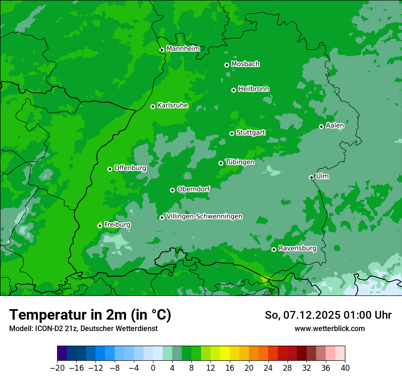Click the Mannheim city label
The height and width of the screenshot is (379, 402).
[183, 49]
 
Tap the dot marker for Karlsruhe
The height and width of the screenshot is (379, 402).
[153, 107]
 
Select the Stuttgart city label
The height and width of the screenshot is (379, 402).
[250, 133]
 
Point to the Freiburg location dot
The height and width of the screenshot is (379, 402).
[100, 226]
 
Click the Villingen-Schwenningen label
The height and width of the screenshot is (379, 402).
[204, 216]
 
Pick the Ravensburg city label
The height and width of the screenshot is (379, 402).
[297, 248]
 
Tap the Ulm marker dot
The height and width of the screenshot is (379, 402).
[312, 177]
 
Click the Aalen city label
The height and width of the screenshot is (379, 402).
[335, 126]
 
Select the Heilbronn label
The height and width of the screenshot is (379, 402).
[254, 89]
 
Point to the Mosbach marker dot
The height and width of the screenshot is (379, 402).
[227, 65]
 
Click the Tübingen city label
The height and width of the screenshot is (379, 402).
[240, 162]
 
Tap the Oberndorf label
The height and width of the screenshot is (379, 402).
[193, 189]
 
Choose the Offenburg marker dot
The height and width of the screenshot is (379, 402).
[110, 169]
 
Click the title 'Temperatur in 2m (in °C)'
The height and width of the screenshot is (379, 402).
[90, 315]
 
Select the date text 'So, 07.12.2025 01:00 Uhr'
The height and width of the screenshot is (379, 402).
[328, 315]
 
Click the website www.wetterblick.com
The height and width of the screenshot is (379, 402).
[329, 328]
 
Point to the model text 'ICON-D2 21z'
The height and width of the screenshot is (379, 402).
[54, 328]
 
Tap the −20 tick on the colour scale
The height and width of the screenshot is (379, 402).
[58, 368]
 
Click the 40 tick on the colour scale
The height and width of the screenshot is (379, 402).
[345, 368]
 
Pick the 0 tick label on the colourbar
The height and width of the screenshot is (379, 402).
[153, 368]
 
